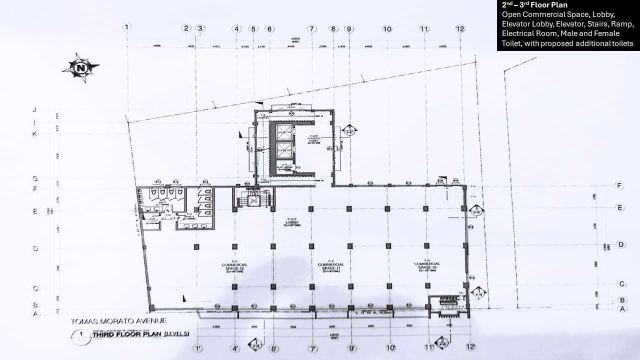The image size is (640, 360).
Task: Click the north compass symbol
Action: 80,67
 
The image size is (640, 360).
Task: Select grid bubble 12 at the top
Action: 460,28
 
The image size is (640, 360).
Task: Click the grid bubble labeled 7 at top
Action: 312,28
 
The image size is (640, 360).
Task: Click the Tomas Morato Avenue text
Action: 118,321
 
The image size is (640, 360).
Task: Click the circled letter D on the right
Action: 620,244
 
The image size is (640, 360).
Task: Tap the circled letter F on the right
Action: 620,186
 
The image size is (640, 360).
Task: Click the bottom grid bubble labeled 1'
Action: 198,347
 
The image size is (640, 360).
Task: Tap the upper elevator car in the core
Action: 283,133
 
